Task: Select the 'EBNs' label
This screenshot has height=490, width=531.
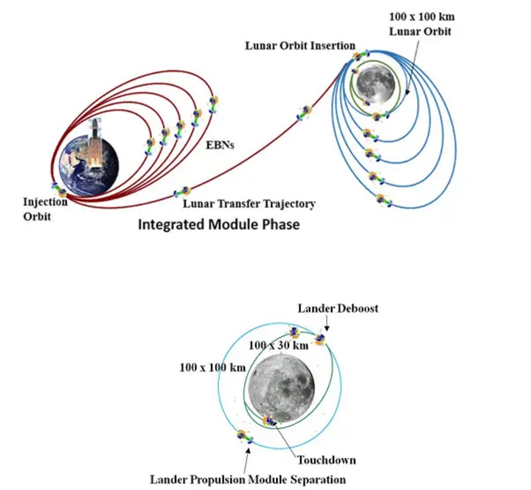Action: pyautogui.click(x=220, y=144)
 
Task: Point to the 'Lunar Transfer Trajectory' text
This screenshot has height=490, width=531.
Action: pyautogui.click(x=249, y=204)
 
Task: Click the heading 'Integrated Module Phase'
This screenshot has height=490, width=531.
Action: pyautogui.click(x=219, y=224)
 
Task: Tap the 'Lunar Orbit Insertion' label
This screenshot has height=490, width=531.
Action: pyautogui.click(x=300, y=46)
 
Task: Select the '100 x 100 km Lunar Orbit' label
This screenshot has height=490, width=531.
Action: pyautogui.click(x=422, y=24)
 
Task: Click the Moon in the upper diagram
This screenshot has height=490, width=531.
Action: pyautogui.click(x=375, y=83)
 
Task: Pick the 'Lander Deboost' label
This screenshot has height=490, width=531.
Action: pyautogui.click(x=338, y=308)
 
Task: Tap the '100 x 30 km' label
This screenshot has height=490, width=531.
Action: pyautogui.click(x=278, y=345)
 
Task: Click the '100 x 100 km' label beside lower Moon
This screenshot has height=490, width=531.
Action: pyautogui.click(x=212, y=367)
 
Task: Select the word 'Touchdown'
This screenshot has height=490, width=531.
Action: pyautogui.click(x=326, y=460)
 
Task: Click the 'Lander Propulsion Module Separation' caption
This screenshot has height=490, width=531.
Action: pyautogui.click(x=247, y=479)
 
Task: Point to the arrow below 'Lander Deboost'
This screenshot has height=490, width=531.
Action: pyautogui.click(x=326, y=325)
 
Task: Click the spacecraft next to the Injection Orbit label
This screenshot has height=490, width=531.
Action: pyautogui.click(x=59, y=190)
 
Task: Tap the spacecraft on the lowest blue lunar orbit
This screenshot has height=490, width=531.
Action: pyautogui.click(x=383, y=200)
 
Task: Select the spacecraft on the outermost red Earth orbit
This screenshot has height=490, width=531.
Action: pyautogui.click(x=213, y=104)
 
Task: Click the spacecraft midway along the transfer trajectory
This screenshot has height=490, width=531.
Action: pyautogui.click(x=304, y=112)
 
